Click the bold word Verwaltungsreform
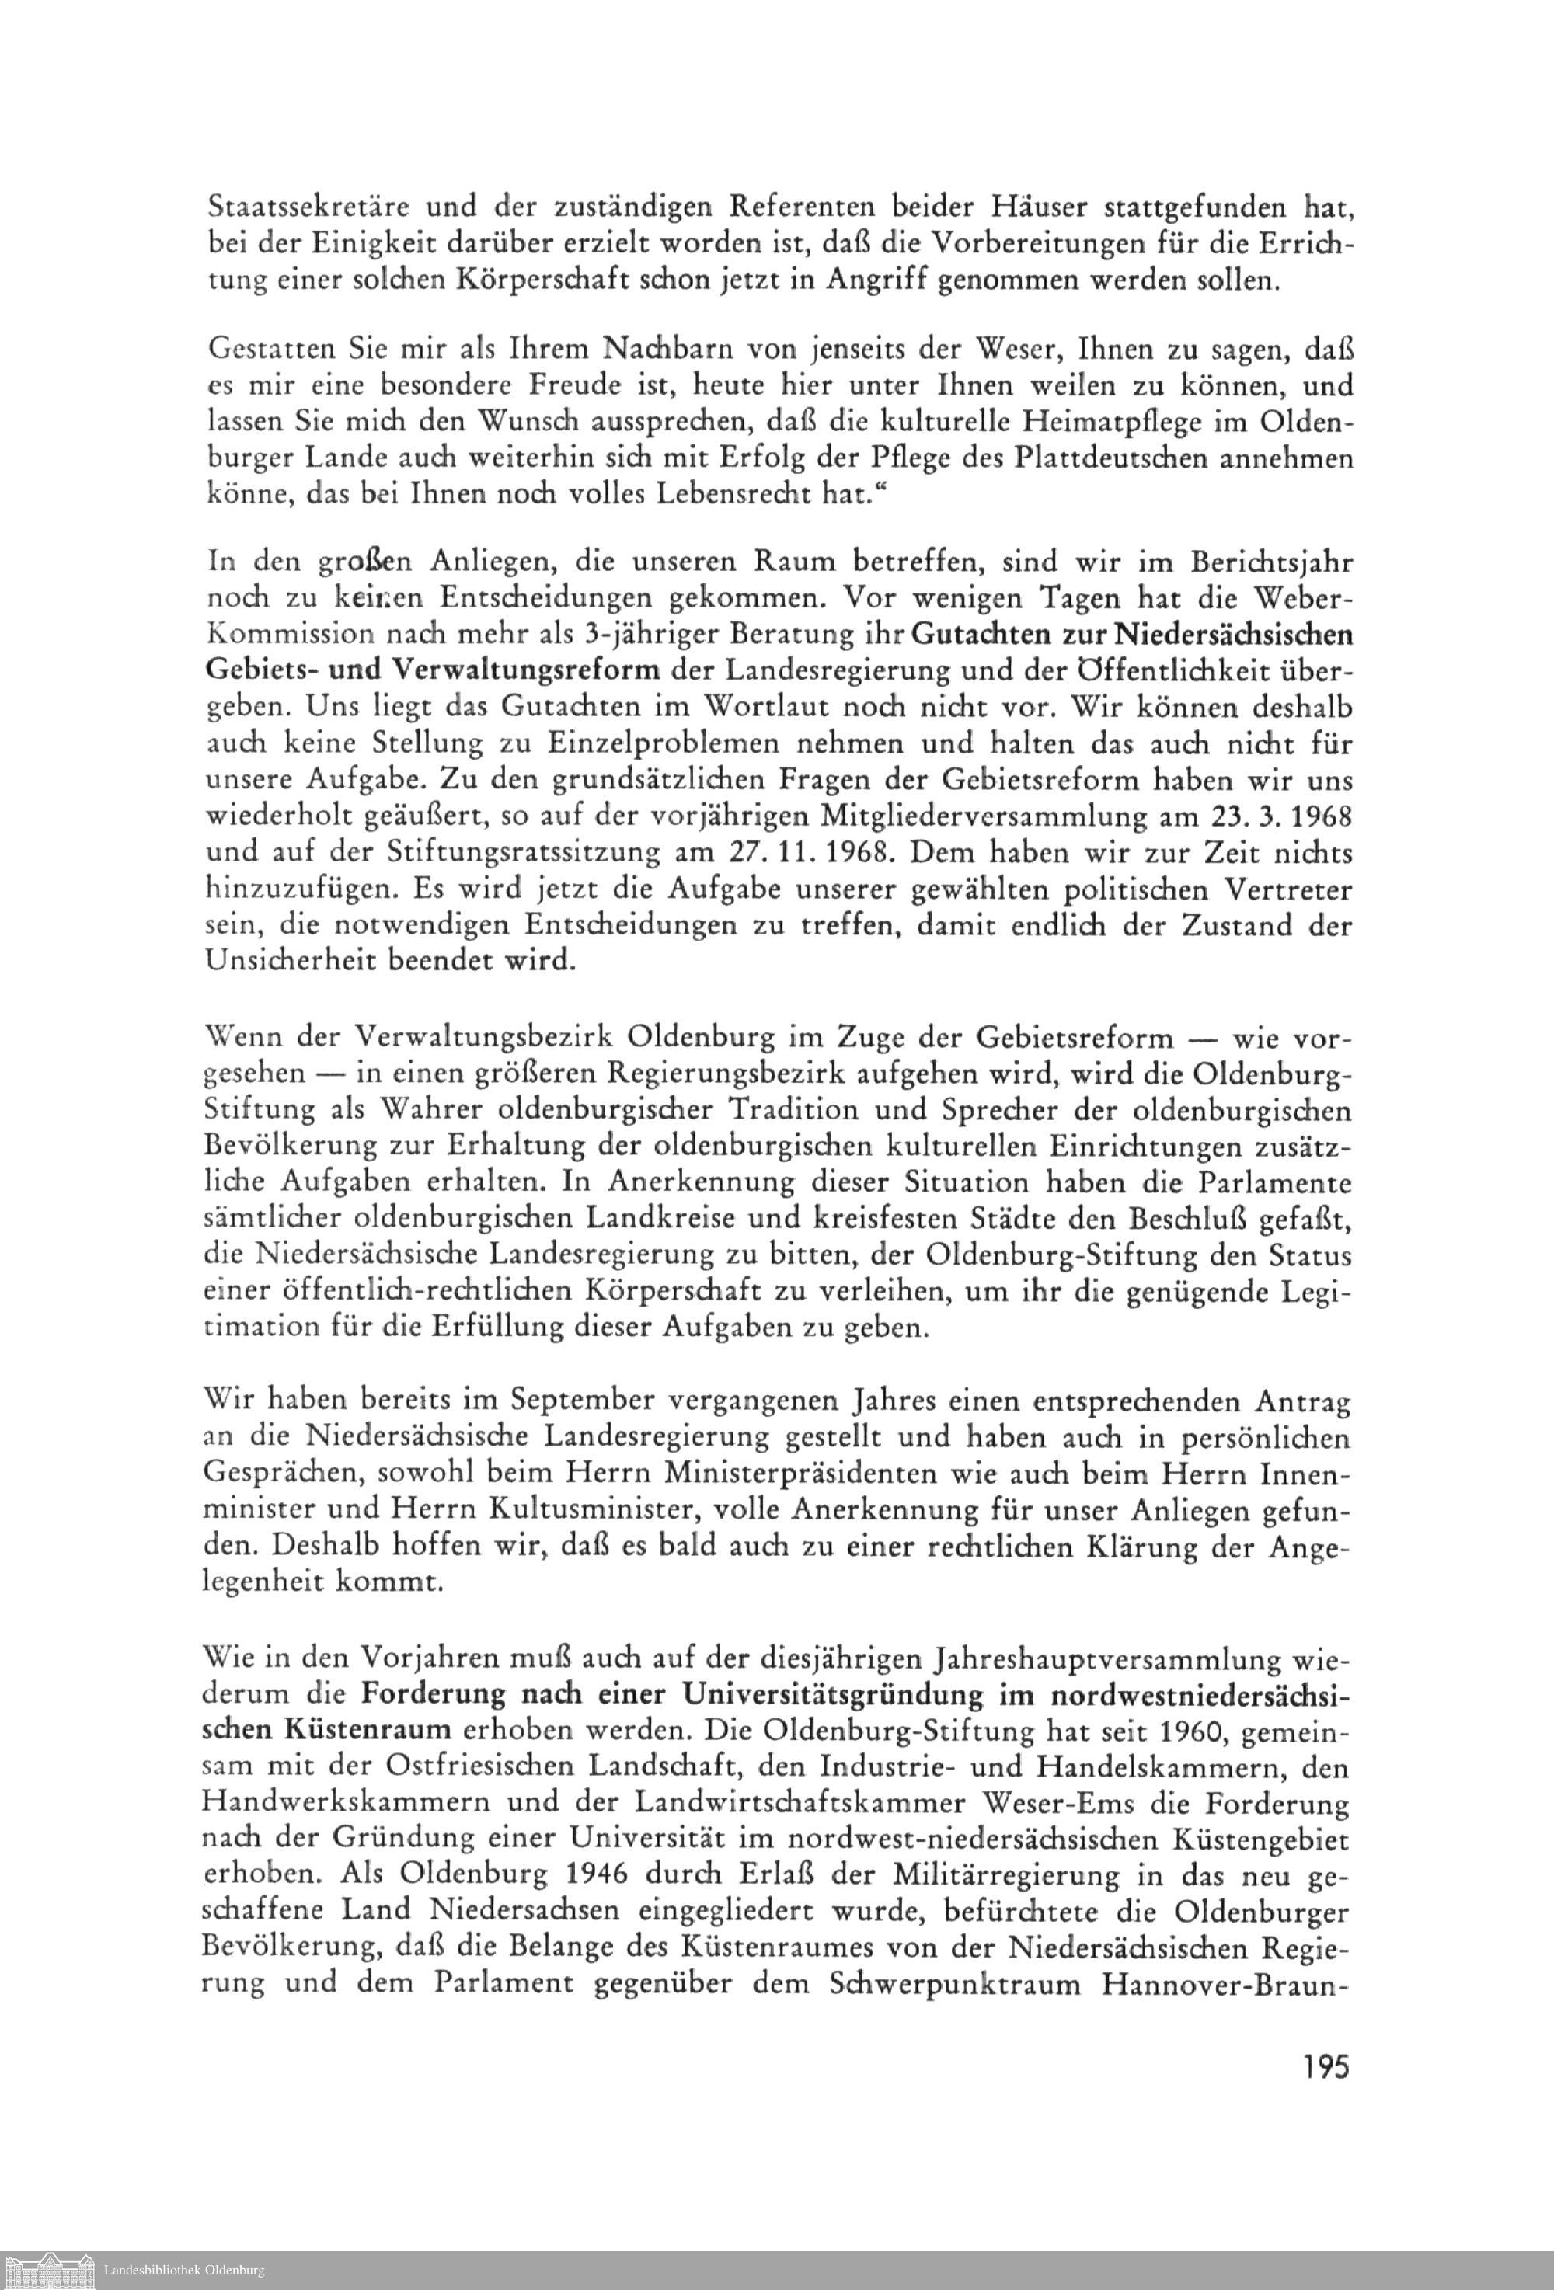click(525, 670)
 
